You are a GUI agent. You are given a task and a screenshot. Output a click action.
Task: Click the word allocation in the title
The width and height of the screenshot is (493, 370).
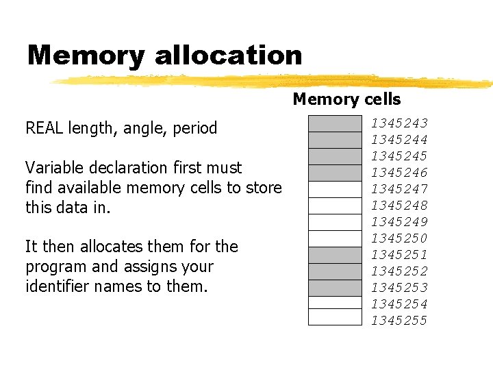pos(229,56)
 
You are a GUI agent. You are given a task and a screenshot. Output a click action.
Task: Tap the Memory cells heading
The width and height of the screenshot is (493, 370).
pos(346,99)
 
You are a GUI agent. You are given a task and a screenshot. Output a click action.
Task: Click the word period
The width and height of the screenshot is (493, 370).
pos(195,129)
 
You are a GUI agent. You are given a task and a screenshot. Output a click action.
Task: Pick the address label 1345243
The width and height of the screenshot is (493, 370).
pos(399,123)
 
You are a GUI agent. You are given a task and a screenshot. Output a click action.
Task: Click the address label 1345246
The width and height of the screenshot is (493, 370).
pos(399,173)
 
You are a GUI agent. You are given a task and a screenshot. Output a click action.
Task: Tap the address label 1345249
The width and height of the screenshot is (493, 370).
pos(399,222)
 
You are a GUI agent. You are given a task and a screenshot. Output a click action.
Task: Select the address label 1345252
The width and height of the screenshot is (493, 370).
pos(399,271)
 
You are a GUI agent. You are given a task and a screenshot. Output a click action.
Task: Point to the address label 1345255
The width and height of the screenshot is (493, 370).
pos(399,321)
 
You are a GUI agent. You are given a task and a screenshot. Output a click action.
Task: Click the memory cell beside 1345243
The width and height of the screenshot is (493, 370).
pos(335,123)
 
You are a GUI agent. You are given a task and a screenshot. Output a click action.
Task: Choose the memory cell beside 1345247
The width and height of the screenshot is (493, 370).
pos(335,189)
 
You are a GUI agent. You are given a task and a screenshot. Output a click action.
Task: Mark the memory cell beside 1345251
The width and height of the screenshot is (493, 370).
pos(335,255)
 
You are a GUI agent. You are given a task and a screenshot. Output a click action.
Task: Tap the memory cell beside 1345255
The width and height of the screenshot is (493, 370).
pos(335,317)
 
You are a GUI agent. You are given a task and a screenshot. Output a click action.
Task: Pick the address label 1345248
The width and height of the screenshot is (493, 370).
pos(399,206)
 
